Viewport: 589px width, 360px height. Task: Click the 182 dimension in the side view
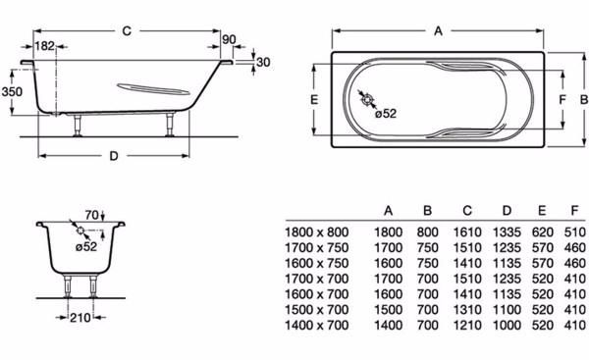(45, 46)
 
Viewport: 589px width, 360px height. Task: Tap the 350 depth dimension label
(12, 91)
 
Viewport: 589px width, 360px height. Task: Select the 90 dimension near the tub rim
(229, 39)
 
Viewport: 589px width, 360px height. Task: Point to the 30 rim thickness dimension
(263, 62)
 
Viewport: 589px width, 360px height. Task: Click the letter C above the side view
(127, 30)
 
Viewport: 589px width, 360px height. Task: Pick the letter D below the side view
(114, 156)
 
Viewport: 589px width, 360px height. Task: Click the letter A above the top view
(438, 31)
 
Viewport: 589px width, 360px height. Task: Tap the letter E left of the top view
(314, 99)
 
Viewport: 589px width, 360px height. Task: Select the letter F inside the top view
(562, 100)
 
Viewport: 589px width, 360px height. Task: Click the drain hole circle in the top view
(367, 99)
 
